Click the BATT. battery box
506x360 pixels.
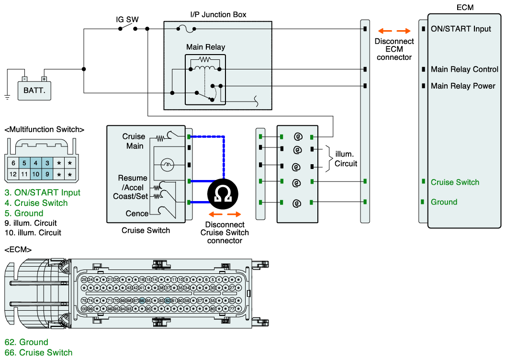(x=34, y=90)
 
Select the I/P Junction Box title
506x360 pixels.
(x=218, y=14)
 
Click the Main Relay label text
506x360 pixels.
(x=205, y=47)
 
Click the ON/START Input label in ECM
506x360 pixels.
(x=461, y=29)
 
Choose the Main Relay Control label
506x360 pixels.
(x=464, y=69)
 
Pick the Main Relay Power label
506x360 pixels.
(x=463, y=86)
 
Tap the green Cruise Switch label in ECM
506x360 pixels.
(x=454, y=182)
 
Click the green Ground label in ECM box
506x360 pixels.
(x=444, y=202)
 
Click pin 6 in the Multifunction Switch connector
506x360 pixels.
(x=13, y=163)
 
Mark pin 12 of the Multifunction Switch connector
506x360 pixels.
(x=13, y=175)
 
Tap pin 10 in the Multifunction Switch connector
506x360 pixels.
(x=35, y=175)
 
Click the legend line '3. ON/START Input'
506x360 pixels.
(x=42, y=193)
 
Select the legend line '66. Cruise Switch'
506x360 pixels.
(x=38, y=353)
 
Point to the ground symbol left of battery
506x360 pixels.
(x=7, y=97)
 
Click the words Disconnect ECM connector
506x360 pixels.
(x=394, y=49)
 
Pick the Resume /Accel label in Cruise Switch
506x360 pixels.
(x=133, y=182)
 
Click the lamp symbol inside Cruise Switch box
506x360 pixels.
(x=168, y=164)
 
